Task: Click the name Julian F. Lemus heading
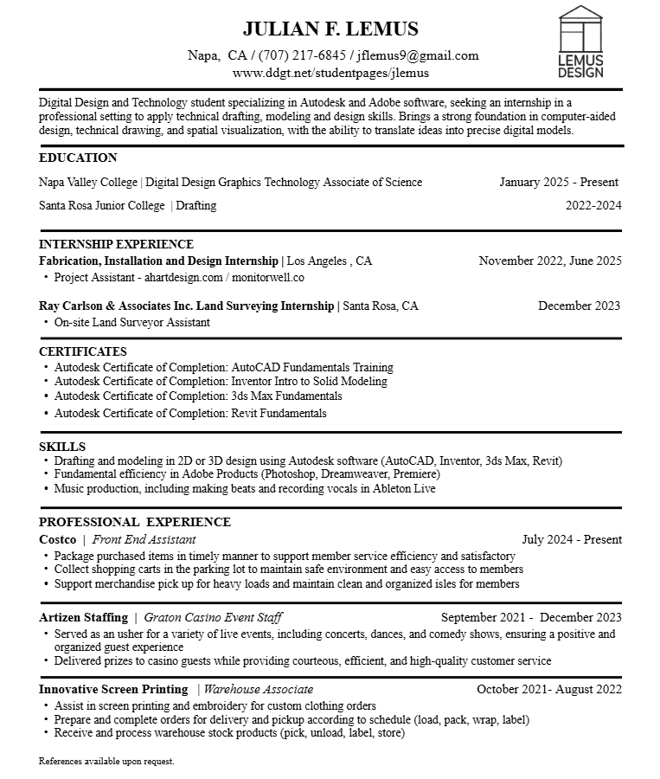330,29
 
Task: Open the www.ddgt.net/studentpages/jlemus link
330,73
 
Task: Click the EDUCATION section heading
78,158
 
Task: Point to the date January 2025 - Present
559,182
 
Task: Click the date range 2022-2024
593,205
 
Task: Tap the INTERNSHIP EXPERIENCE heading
116,244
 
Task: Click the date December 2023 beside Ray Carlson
579,306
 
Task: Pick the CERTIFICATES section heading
83,351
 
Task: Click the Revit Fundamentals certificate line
190,413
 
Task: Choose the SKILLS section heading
62,447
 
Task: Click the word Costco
57,539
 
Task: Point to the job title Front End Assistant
144,539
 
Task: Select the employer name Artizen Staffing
83,617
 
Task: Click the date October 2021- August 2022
549,689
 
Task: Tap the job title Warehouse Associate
258,689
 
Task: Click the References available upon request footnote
106,762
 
